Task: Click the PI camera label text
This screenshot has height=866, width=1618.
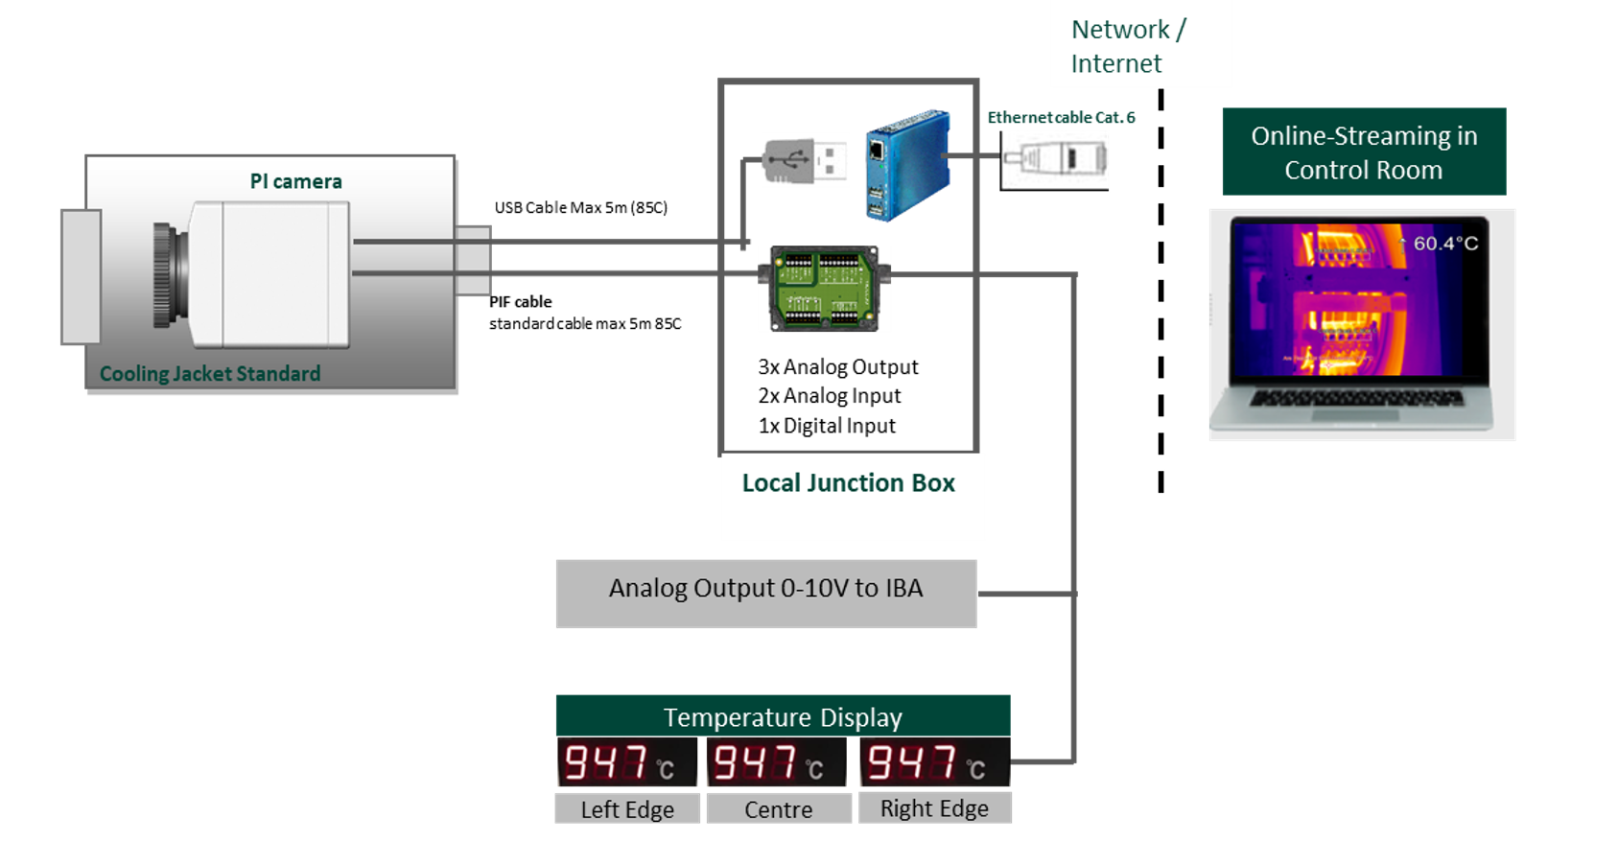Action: [x=295, y=181]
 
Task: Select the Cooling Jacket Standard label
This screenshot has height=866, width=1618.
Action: [x=210, y=373]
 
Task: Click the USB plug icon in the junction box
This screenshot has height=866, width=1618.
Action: [x=806, y=159]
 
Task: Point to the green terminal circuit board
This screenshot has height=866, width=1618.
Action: [x=825, y=289]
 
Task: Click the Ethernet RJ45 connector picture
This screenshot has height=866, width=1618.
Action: [x=1055, y=159]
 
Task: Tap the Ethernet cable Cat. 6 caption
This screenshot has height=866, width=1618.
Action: [x=1061, y=118]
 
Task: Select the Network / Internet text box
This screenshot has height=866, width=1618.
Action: [x=1140, y=45]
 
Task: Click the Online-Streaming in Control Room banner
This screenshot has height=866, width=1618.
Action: [x=1363, y=152]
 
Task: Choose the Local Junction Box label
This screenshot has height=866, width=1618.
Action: [x=849, y=482]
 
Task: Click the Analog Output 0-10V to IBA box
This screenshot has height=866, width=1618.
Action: [x=765, y=589]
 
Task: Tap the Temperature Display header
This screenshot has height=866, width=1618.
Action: [x=783, y=716]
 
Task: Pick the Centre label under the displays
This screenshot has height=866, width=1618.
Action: [x=778, y=809]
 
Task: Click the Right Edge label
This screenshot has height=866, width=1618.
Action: [x=934, y=808]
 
